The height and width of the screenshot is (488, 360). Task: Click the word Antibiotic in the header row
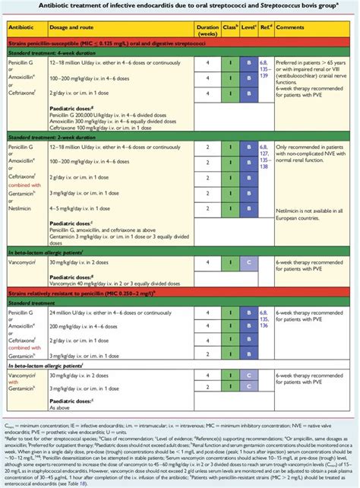[24, 27]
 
